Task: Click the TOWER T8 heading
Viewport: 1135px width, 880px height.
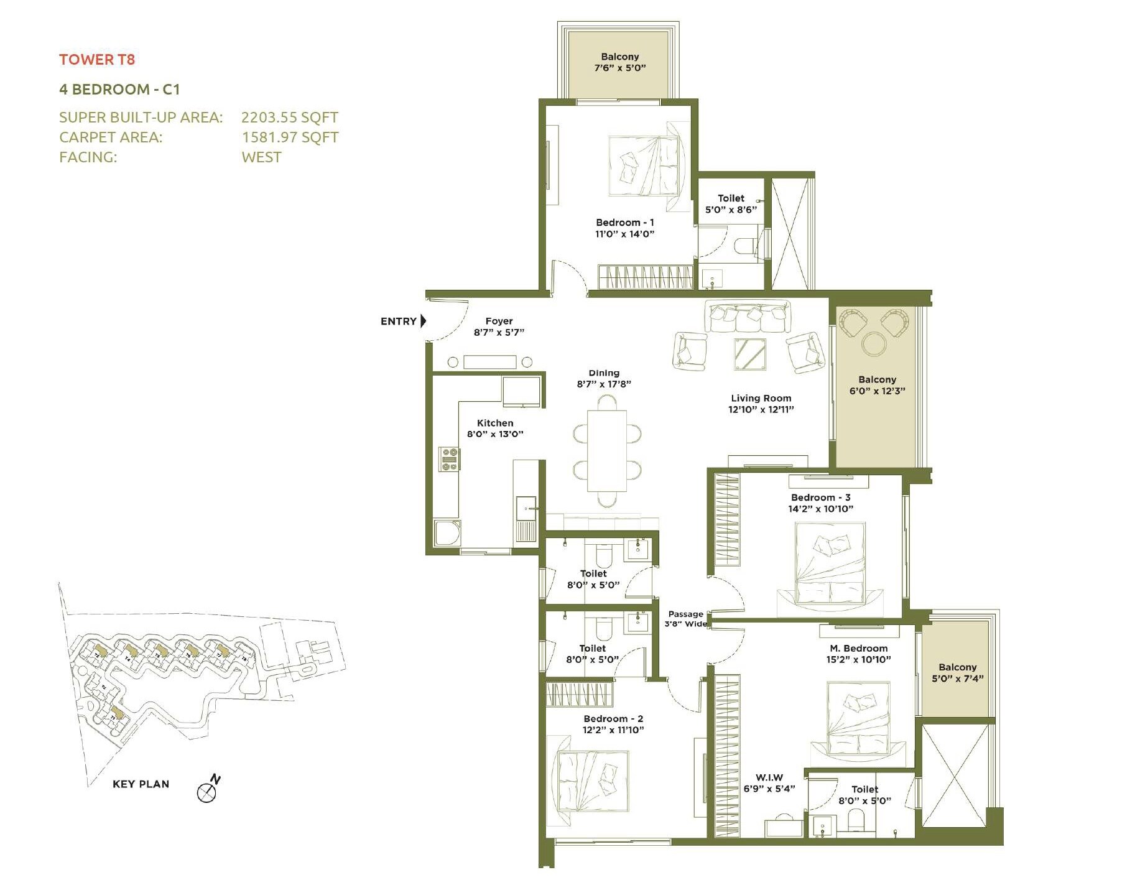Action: [97, 60]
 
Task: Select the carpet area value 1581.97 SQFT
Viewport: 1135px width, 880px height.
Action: [290, 137]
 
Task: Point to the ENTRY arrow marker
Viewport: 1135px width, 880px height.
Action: [424, 321]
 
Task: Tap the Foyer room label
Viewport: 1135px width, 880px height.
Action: [499, 321]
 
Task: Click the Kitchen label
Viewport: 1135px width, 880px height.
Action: [495, 423]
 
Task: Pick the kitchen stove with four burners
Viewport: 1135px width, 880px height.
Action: [449, 459]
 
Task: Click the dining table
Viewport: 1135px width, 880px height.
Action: [607, 450]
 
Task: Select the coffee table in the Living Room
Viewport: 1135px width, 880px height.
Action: [750, 354]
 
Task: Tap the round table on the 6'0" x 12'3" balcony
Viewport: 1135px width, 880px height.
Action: [874, 343]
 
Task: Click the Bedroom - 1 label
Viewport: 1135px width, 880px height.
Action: [624, 223]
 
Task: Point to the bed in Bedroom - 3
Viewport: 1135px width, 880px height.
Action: [830, 563]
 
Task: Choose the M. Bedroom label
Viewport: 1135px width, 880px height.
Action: [858, 648]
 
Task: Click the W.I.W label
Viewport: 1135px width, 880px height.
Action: [769, 777]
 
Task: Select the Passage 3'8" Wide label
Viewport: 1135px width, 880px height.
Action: [686, 619]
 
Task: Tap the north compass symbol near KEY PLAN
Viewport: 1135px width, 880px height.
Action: [207, 792]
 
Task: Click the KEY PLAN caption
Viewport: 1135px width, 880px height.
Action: [141, 784]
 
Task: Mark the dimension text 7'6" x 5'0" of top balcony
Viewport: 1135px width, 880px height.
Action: [620, 68]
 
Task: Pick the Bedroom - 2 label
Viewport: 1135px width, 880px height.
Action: [613, 719]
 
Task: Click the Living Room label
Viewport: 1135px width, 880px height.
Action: [761, 398]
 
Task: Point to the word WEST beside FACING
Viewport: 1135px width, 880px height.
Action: [261, 157]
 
